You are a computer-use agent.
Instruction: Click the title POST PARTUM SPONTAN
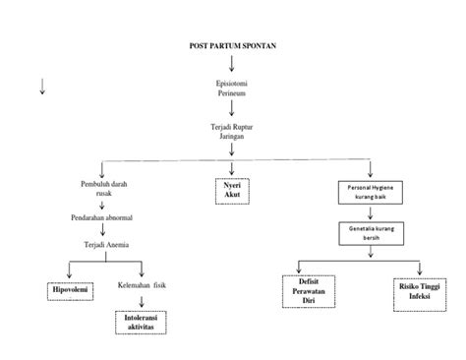232,45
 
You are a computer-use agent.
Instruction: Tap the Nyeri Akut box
233,189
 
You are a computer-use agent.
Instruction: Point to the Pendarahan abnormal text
103,215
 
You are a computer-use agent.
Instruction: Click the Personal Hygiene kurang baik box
370,191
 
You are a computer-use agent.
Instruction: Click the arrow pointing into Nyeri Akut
233,166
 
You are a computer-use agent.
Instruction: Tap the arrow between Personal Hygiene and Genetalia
369,212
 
